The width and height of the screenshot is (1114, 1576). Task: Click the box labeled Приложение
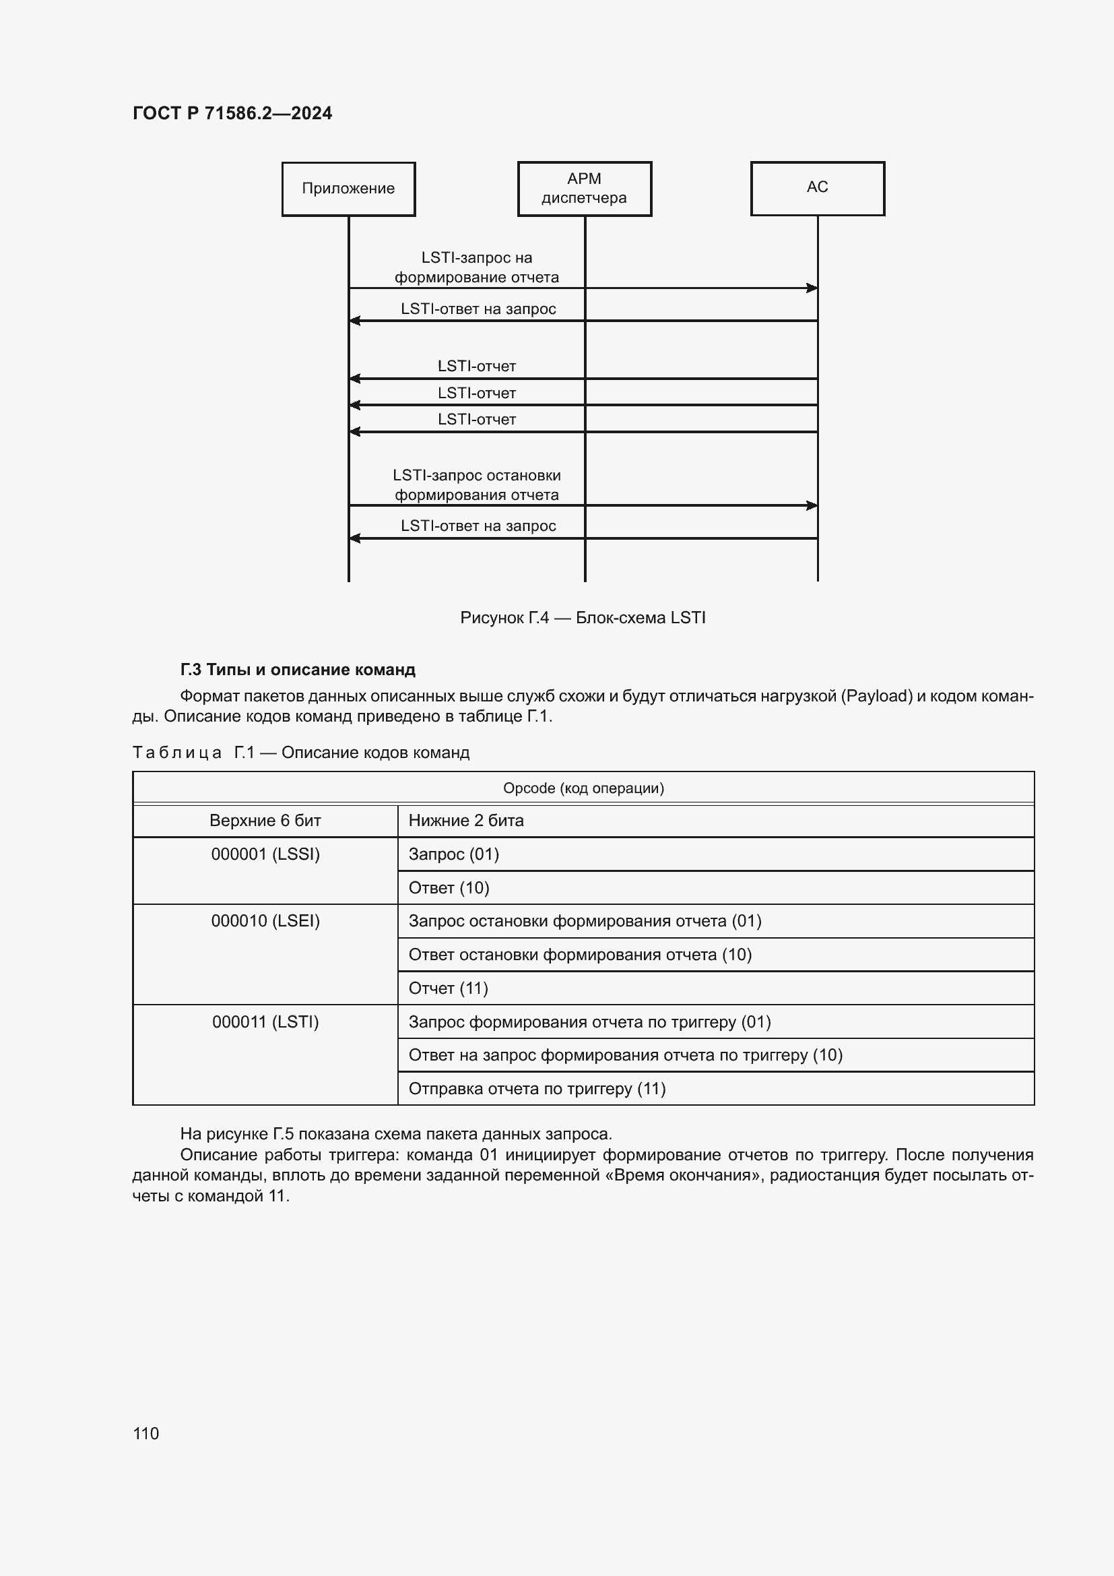tap(348, 189)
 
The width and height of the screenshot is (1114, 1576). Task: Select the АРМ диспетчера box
tap(585, 189)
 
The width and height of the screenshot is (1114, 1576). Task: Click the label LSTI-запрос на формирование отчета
tap(477, 267)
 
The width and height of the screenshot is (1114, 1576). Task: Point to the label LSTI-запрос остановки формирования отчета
tap(477, 485)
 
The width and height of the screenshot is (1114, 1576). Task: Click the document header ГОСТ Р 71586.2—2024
tap(232, 113)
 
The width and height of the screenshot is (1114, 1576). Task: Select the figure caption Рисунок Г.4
tap(583, 618)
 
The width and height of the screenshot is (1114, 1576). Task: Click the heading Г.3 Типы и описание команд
tap(298, 669)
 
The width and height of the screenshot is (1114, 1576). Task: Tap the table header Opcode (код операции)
tap(583, 788)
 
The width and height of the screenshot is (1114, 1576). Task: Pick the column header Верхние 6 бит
tap(265, 821)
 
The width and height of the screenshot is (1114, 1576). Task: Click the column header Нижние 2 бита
tap(466, 821)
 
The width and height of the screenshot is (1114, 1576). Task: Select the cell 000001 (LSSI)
tap(265, 854)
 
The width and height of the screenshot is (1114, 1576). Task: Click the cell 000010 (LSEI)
tap(265, 921)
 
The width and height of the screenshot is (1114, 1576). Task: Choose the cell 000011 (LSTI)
tap(265, 1022)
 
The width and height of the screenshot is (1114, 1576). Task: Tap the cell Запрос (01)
tap(453, 854)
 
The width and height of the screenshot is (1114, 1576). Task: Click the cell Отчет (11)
tap(448, 988)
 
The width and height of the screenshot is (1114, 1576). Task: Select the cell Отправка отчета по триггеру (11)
tap(537, 1089)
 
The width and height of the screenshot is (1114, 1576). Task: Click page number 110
tap(146, 1433)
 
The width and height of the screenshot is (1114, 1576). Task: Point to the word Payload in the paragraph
tap(876, 696)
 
